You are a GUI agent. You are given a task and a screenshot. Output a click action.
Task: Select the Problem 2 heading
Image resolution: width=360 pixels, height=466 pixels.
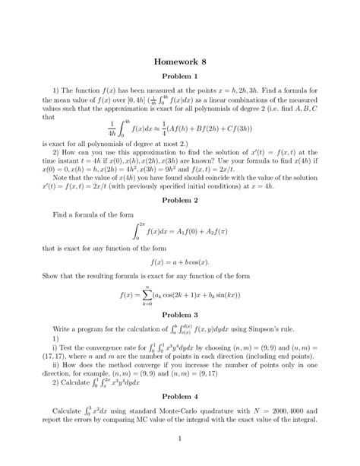click(x=180, y=198)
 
